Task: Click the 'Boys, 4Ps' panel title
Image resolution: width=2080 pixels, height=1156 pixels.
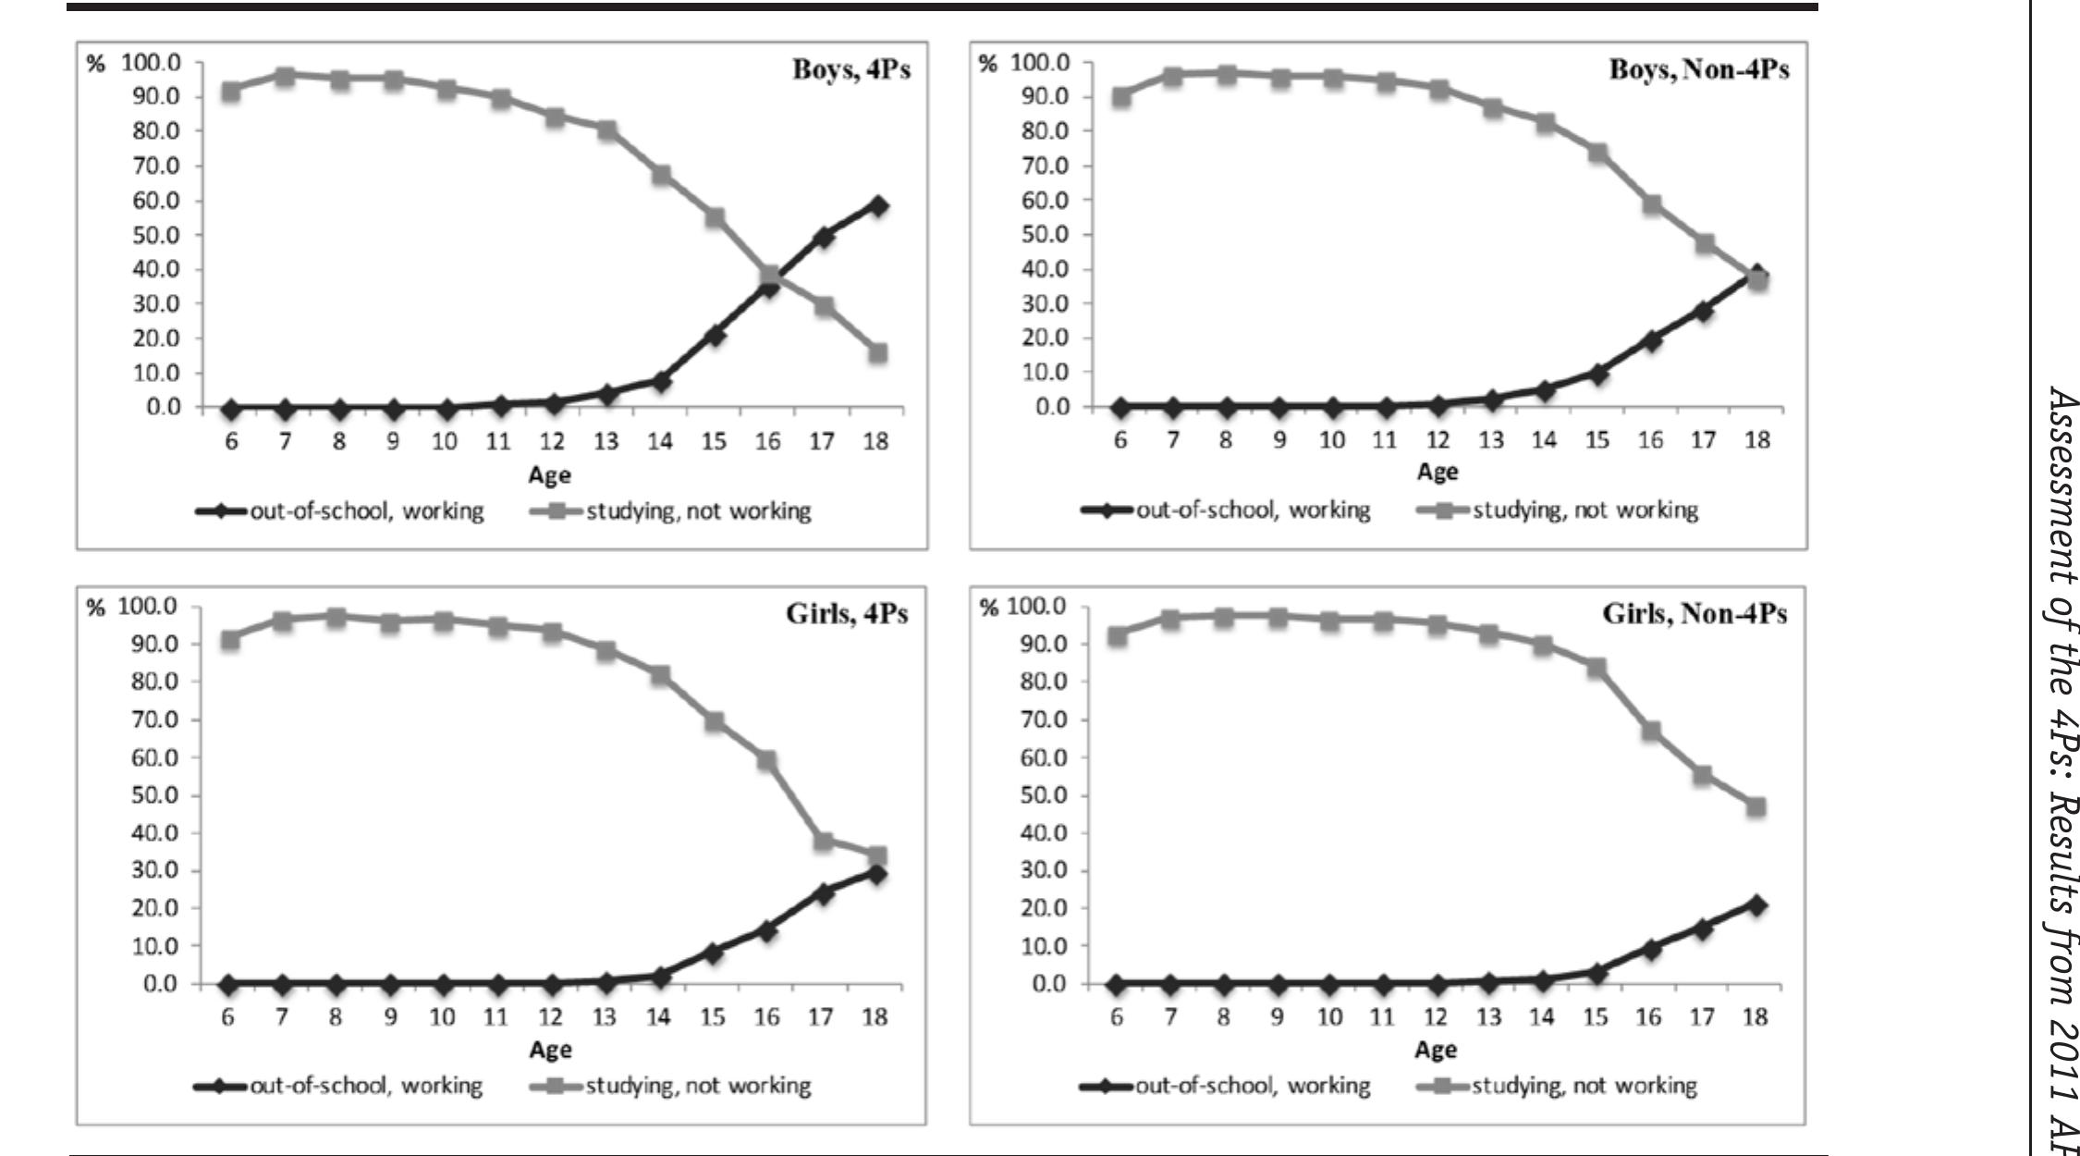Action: pyautogui.click(x=850, y=71)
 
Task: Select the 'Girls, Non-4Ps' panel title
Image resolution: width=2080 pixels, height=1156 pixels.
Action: pyautogui.click(x=1695, y=614)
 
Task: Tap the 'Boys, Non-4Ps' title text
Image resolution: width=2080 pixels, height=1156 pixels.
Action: pyautogui.click(x=1699, y=71)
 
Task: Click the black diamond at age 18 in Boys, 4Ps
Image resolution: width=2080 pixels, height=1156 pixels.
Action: pyautogui.click(x=877, y=205)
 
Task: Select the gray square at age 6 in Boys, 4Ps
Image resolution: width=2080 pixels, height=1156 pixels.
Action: pyautogui.click(x=230, y=91)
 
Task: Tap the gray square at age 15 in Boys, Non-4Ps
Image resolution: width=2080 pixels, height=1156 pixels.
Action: pyautogui.click(x=1597, y=153)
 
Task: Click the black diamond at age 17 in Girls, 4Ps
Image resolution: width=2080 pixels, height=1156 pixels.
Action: pyautogui.click(x=823, y=893)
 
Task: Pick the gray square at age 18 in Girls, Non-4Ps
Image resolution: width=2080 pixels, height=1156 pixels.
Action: pyautogui.click(x=1756, y=806)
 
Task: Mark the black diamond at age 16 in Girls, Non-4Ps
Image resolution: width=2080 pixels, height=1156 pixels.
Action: pyautogui.click(x=1650, y=949)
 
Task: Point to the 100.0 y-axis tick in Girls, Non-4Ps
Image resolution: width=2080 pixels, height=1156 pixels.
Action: pyautogui.click(x=1039, y=607)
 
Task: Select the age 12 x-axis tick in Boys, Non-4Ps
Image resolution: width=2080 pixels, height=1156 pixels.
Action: pyautogui.click(x=1438, y=440)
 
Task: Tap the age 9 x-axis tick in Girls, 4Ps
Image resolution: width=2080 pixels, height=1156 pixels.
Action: pyautogui.click(x=390, y=1017)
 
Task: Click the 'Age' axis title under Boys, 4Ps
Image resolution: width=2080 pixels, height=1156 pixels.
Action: pyautogui.click(x=549, y=475)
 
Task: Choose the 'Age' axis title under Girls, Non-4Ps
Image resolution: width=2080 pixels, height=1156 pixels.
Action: pyautogui.click(x=1436, y=1050)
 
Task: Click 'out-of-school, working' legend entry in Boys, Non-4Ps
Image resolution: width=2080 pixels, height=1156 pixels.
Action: pyautogui.click(x=1253, y=510)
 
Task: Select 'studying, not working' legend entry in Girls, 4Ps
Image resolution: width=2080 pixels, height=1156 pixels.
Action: pyautogui.click(x=698, y=1086)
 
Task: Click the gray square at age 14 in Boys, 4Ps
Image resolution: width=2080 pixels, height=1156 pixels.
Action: pyautogui.click(x=661, y=175)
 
